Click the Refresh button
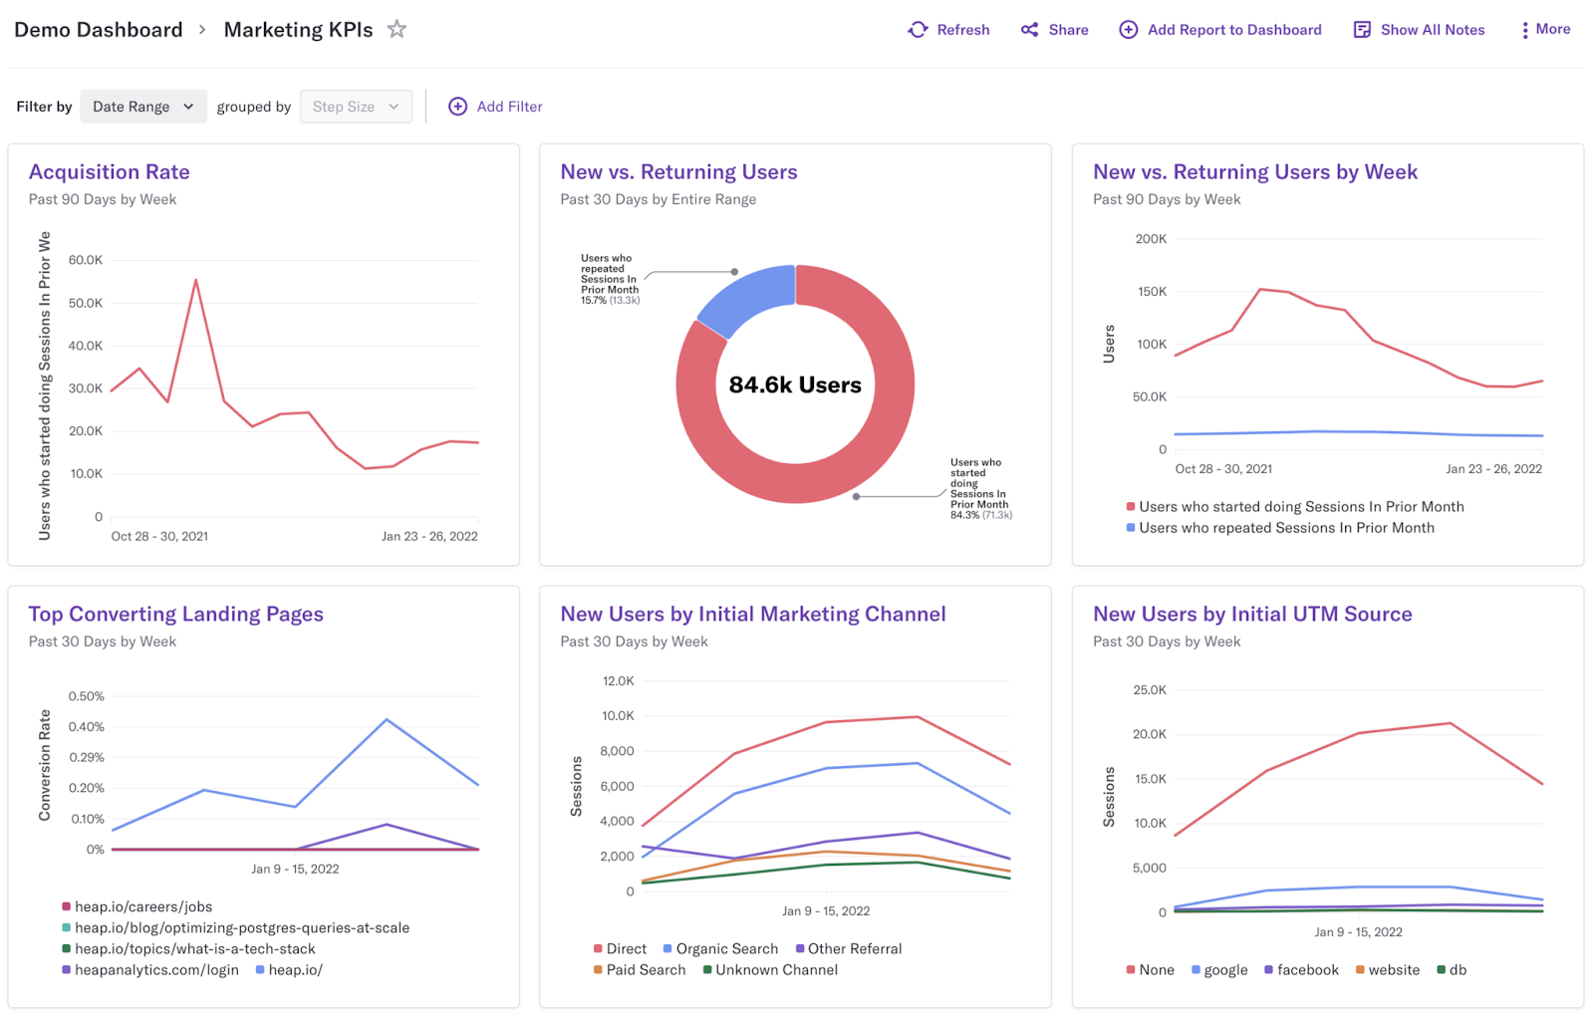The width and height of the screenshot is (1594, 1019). tap(948, 30)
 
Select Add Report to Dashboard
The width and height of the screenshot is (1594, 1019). tap(1220, 30)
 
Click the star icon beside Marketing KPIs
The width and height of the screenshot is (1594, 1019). tap(397, 29)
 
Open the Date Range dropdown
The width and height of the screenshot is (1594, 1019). tap(143, 107)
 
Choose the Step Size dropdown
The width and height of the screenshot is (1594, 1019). tap(356, 107)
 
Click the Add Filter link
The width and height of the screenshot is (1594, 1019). tap(495, 107)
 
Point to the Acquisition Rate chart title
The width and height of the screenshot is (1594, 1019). tap(110, 171)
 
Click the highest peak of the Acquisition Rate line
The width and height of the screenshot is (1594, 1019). tap(196, 281)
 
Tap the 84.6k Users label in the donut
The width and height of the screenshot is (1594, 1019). tap(795, 384)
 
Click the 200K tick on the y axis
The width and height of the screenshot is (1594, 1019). tap(1151, 239)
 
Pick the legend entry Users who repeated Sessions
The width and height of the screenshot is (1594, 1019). tap(1285, 528)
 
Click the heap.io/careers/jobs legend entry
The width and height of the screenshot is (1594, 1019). tap(142, 906)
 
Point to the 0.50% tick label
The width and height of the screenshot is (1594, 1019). tap(86, 696)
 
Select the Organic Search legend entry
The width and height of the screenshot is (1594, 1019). tap(726, 948)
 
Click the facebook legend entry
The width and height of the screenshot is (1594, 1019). tap(1307, 969)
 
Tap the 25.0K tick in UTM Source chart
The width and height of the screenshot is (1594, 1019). tap(1150, 689)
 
